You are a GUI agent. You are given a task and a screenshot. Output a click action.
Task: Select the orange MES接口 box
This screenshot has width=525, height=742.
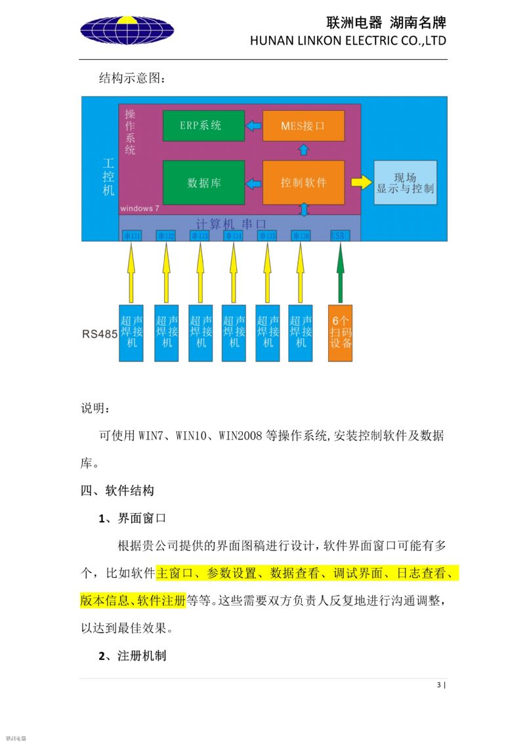coord(303,125)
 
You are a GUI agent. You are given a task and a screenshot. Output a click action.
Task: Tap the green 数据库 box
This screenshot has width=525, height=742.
coord(203,182)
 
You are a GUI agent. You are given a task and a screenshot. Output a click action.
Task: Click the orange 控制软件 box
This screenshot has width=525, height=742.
coord(303,182)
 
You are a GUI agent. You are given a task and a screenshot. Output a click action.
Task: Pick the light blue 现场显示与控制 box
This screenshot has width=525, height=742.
coord(405,182)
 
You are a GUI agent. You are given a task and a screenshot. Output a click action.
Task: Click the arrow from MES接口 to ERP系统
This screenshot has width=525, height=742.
coord(253,125)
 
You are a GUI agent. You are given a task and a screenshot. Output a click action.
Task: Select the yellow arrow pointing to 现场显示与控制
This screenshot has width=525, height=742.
coord(361,182)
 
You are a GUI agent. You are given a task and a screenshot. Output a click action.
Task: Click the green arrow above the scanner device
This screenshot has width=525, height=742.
coord(340,272)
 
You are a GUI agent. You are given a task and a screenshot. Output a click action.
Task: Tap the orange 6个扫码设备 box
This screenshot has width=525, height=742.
coord(341,333)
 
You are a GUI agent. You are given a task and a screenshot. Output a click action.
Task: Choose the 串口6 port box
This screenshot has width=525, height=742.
coord(301,236)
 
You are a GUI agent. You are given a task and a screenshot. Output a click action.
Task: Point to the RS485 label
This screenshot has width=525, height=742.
coord(100,334)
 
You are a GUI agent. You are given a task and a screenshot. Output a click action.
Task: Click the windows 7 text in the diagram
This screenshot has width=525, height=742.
coord(140,208)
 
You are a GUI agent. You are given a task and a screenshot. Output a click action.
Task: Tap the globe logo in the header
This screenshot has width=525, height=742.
coord(127,30)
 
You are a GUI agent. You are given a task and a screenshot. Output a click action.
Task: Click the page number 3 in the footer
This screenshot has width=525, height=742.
coord(439,686)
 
